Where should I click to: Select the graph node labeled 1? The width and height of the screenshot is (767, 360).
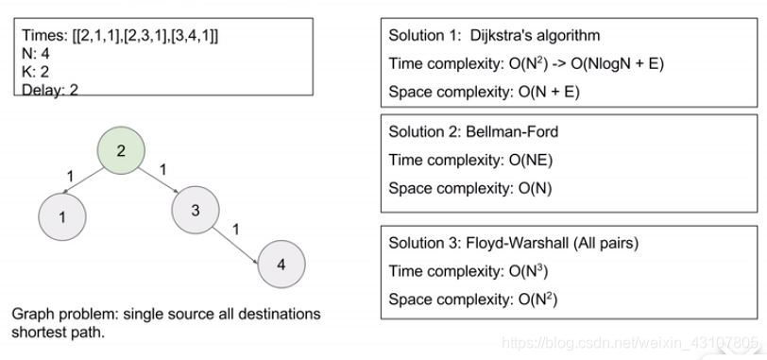click(x=62, y=216)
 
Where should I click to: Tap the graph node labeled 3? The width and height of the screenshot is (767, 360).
click(x=196, y=210)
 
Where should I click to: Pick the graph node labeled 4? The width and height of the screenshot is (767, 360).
click(x=281, y=264)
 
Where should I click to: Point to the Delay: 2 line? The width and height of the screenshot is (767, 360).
click(x=49, y=89)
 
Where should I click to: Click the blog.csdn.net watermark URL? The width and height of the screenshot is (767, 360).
click(x=629, y=342)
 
